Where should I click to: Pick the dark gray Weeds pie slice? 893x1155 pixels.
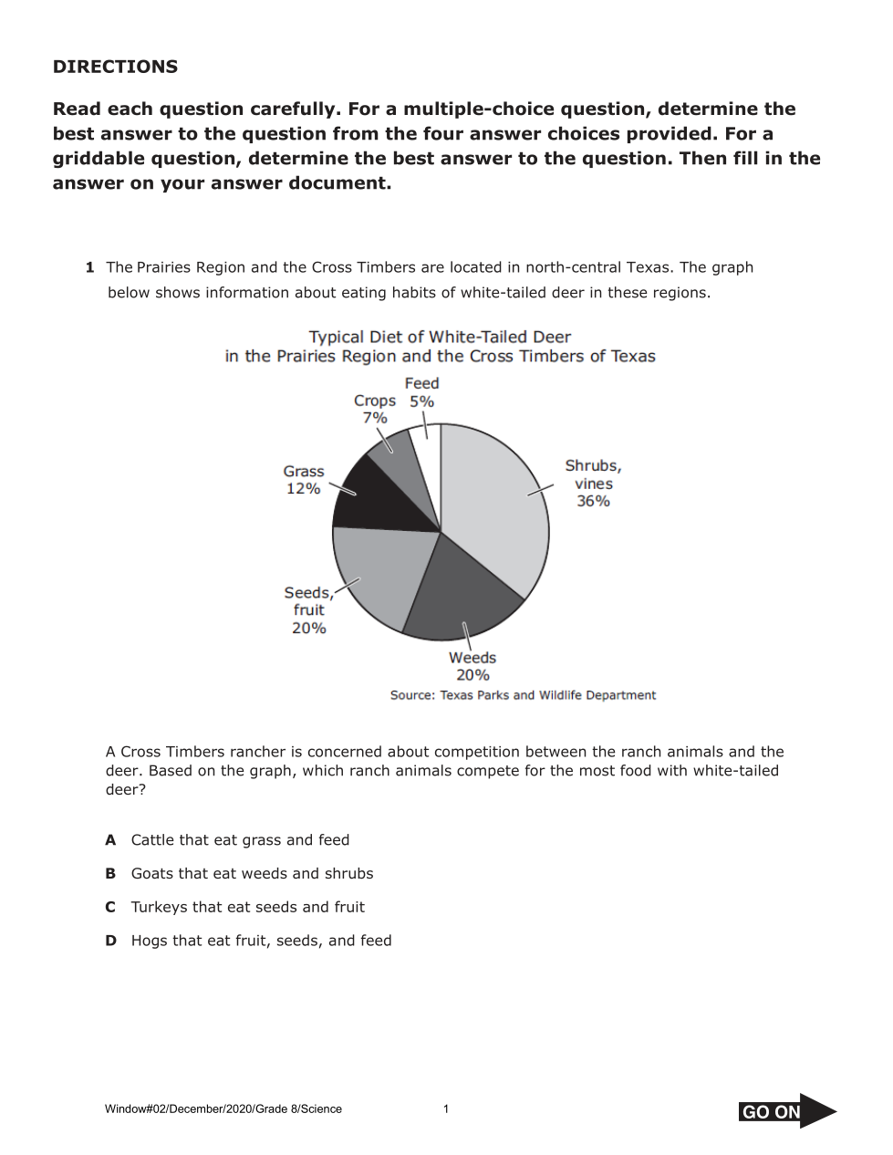pyautogui.click(x=461, y=593)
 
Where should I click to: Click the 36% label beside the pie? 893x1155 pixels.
pyautogui.click(x=593, y=501)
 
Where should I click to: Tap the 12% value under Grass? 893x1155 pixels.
pyautogui.click(x=303, y=489)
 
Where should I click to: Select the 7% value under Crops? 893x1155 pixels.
pyautogui.click(x=375, y=418)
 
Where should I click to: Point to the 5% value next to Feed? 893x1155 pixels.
pyautogui.click(x=421, y=401)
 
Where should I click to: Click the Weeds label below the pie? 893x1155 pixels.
pyautogui.click(x=472, y=658)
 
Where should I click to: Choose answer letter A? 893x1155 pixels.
pyautogui.click(x=110, y=840)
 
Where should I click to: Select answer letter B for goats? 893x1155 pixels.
pyautogui.click(x=110, y=874)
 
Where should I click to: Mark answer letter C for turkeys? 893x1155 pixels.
pyautogui.click(x=110, y=908)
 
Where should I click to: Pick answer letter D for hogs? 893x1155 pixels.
pyautogui.click(x=110, y=941)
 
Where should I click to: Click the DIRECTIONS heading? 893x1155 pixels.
pyautogui.click(x=115, y=67)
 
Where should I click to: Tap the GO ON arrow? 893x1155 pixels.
pyautogui.click(x=786, y=1111)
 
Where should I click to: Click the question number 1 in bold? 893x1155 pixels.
pyautogui.click(x=89, y=267)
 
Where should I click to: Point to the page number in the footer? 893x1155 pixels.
pyautogui.click(x=446, y=1109)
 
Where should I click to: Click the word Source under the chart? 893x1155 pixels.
pyautogui.click(x=411, y=695)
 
